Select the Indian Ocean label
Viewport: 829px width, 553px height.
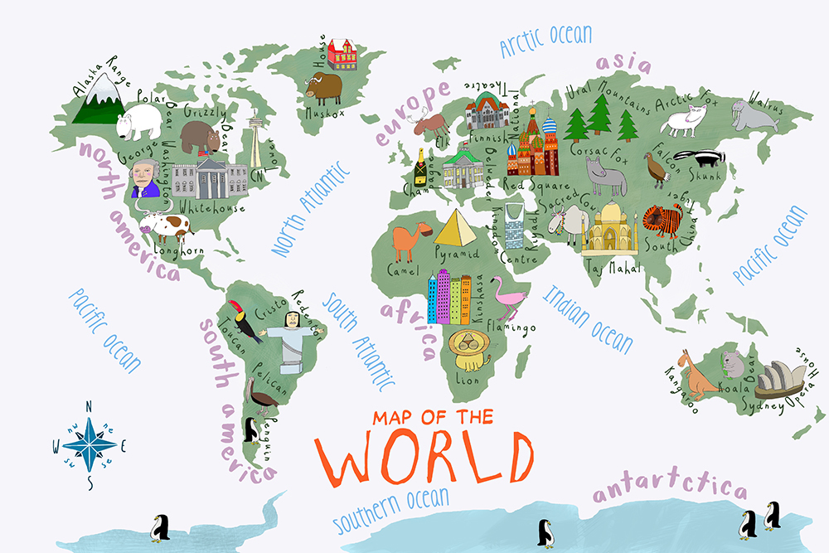(x=588, y=318)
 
